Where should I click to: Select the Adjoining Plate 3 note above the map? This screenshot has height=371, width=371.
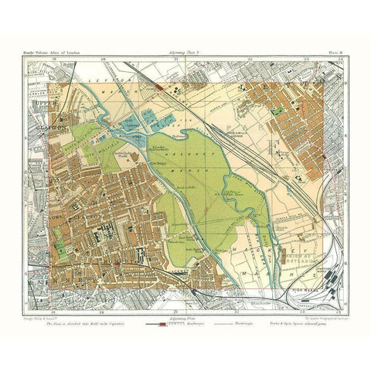pos(177,52)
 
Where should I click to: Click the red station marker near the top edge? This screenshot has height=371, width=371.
pos(158,87)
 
